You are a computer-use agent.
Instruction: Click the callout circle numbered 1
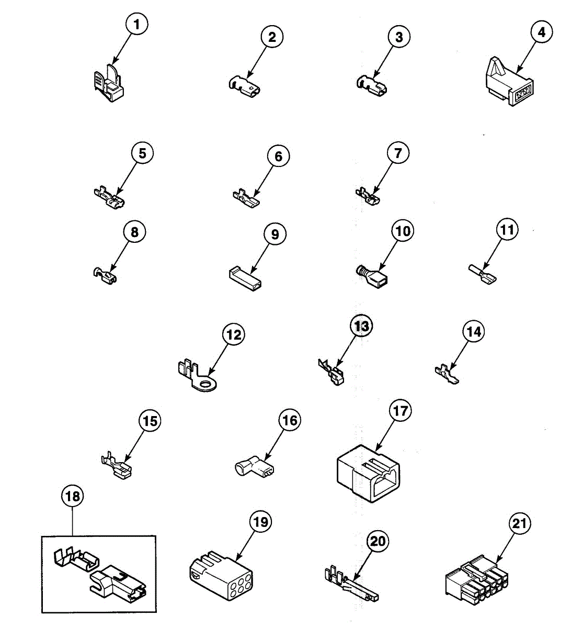coord(137,25)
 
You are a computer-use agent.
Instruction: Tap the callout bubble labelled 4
coord(541,32)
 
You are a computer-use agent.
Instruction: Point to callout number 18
coord(72,496)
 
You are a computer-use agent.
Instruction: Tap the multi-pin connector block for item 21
coord(476,584)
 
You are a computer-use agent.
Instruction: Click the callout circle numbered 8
coord(134,232)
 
